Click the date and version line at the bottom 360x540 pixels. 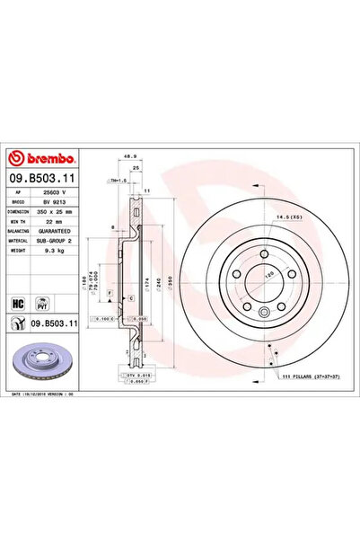tap(54, 394)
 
